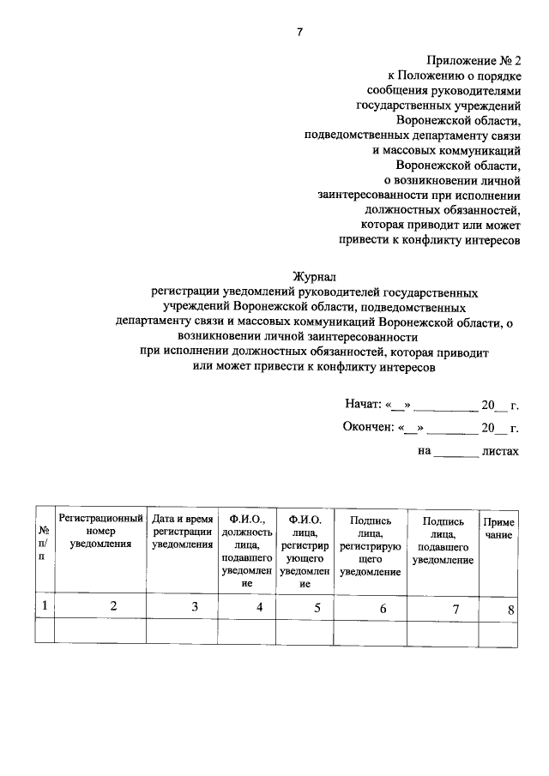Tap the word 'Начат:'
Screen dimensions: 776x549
pyautogui.click(x=363, y=403)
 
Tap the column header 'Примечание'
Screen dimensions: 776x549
pyautogui.click(x=498, y=527)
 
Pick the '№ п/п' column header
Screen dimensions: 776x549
pyautogui.click(x=43, y=543)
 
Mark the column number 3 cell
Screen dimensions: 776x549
pyautogui.click(x=195, y=607)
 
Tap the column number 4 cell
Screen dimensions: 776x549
pyautogui.click(x=260, y=608)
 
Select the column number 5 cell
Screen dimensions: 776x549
pyautogui.click(x=317, y=608)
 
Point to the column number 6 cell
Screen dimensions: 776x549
pyautogui.click(x=383, y=609)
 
